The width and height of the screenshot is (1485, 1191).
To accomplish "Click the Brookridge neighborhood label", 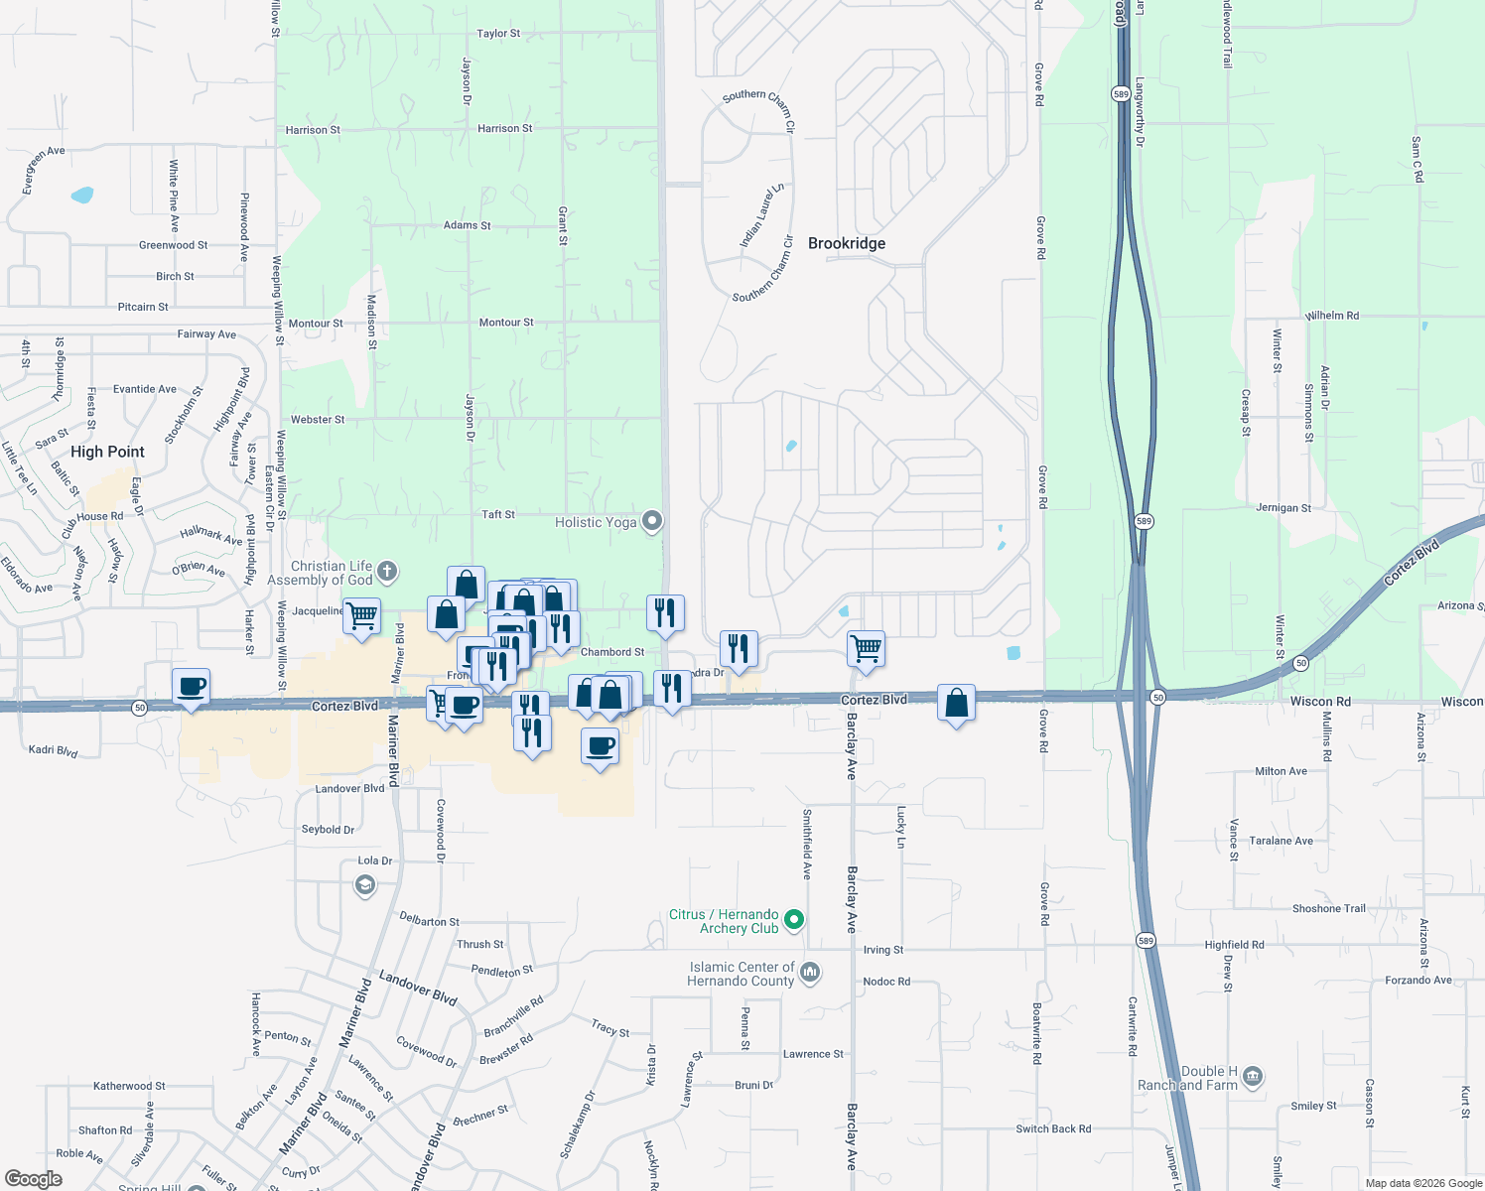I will [846, 243].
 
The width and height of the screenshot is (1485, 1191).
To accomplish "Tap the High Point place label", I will [107, 452].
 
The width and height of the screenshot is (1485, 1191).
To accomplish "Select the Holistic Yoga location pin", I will [652, 521].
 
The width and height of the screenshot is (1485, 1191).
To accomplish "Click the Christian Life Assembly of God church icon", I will [387, 571].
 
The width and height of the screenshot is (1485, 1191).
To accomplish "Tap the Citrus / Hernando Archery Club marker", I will [793, 920].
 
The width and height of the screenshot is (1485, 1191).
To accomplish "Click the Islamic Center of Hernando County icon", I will [810, 972].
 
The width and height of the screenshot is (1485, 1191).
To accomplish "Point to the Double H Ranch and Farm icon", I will [1253, 1076].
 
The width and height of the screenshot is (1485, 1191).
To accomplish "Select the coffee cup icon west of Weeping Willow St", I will [191, 686].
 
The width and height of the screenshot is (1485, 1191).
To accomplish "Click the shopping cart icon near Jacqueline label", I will [361, 615].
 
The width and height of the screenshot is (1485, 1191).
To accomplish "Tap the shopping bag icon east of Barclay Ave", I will [956, 703].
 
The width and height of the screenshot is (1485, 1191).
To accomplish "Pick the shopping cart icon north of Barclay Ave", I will [866, 648].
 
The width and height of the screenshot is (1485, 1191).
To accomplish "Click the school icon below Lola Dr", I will [365, 884].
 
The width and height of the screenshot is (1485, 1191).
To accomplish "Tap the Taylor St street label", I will [498, 34].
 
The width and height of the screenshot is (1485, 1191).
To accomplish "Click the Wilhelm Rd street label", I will [1332, 316].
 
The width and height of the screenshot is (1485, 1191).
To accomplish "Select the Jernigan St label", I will [1283, 508].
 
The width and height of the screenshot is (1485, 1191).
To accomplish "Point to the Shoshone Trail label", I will [1328, 909].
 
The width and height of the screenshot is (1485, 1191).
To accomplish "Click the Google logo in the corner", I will [33, 1179].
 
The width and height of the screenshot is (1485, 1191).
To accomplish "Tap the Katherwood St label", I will [129, 1086].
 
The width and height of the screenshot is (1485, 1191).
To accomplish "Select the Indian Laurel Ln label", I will [761, 215].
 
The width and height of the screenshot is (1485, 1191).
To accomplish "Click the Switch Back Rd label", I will [1053, 1128].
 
